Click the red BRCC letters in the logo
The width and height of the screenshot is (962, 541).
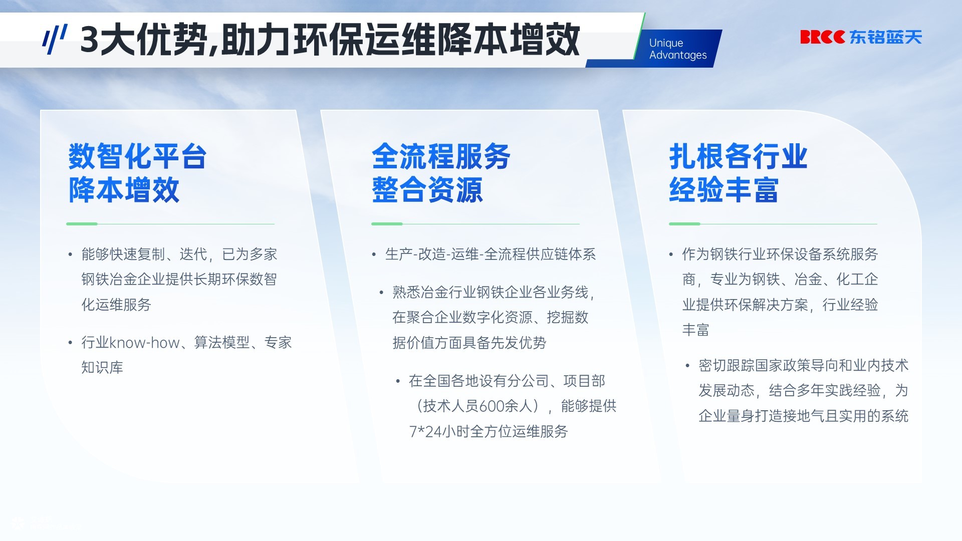click(x=822, y=37)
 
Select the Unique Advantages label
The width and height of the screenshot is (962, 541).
click(x=678, y=49)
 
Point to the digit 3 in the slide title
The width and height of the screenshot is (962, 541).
click(x=89, y=40)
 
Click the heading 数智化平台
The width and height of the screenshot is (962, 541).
click(x=137, y=156)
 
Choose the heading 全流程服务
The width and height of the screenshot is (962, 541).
click(x=441, y=156)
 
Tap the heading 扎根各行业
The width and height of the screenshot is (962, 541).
click(x=738, y=156)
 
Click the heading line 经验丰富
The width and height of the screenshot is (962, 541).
click(x=724, y=190)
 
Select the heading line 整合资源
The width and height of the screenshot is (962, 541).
click(x=427, y=190)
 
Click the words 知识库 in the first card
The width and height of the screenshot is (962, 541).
click(x=102, y=368)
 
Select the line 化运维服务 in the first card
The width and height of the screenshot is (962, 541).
click(x=116, y=305)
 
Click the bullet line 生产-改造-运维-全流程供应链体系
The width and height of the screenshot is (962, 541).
click(x=491, y=254)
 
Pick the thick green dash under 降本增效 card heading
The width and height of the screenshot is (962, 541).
click(x=82, y=224)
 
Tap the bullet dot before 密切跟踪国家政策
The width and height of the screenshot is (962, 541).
click(x=688, y=366)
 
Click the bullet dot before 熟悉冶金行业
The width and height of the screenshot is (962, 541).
click(x=382, y=293)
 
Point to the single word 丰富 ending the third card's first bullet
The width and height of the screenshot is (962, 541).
click(x=696, y=330)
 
